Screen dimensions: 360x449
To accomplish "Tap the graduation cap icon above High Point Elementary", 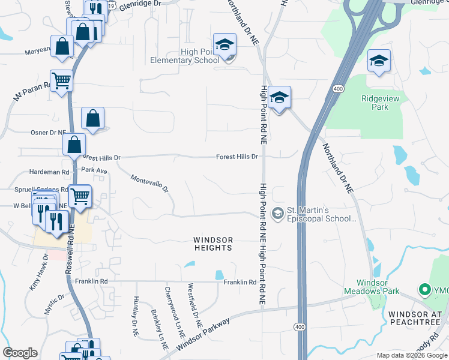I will [x=224, y=45].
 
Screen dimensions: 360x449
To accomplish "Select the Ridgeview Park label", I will [x=375, y=103].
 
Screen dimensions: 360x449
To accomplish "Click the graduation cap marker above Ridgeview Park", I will [x=379, y=61].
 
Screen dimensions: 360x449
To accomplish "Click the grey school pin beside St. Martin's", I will [x=277, y=213].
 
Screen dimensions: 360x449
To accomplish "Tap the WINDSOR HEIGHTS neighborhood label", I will [x=213, y=243].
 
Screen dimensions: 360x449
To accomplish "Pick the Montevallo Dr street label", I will [x=150, y=184].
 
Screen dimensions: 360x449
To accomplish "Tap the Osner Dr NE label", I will [x=49, y=132].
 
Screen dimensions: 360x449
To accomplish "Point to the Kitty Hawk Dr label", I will [x=37, y=273].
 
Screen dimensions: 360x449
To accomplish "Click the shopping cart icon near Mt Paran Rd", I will [x=61, y=80].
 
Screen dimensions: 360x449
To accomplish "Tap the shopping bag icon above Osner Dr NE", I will [x=92, y=119].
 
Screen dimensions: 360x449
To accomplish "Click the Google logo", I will [x=20, y=353].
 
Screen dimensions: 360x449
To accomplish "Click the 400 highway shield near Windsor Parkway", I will [x=300, y=326].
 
